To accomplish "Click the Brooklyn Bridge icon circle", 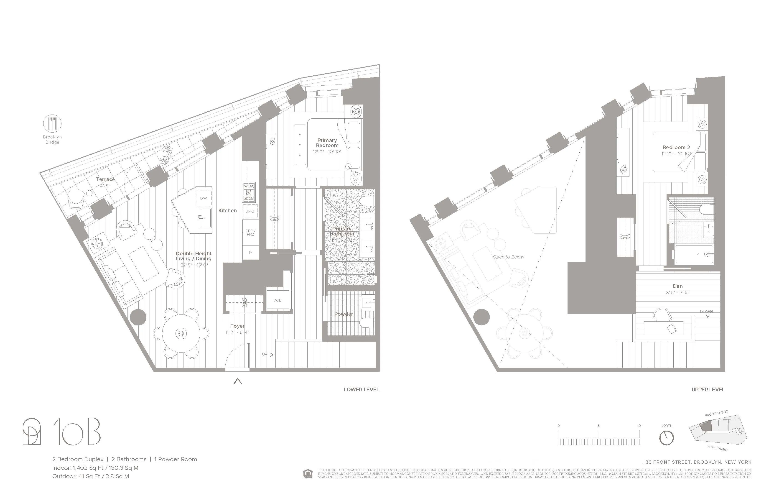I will click(52, 124).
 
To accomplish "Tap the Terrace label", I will click(105, 179).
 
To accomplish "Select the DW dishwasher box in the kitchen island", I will click(204, 198).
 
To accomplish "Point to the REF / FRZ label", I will click(250, 232).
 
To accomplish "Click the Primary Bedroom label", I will click(327, 143).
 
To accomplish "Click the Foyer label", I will click(237, 326).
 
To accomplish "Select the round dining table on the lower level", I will click(181, 333).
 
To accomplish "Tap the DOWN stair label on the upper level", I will click(706, 311).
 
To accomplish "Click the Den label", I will click(678, 286).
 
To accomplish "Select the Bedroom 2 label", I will click(676, 147).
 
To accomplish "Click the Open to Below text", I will click(508, 257).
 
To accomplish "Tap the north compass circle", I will click(666, 438).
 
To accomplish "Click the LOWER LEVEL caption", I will click(361, 389).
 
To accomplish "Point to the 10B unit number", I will click(77, 432).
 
